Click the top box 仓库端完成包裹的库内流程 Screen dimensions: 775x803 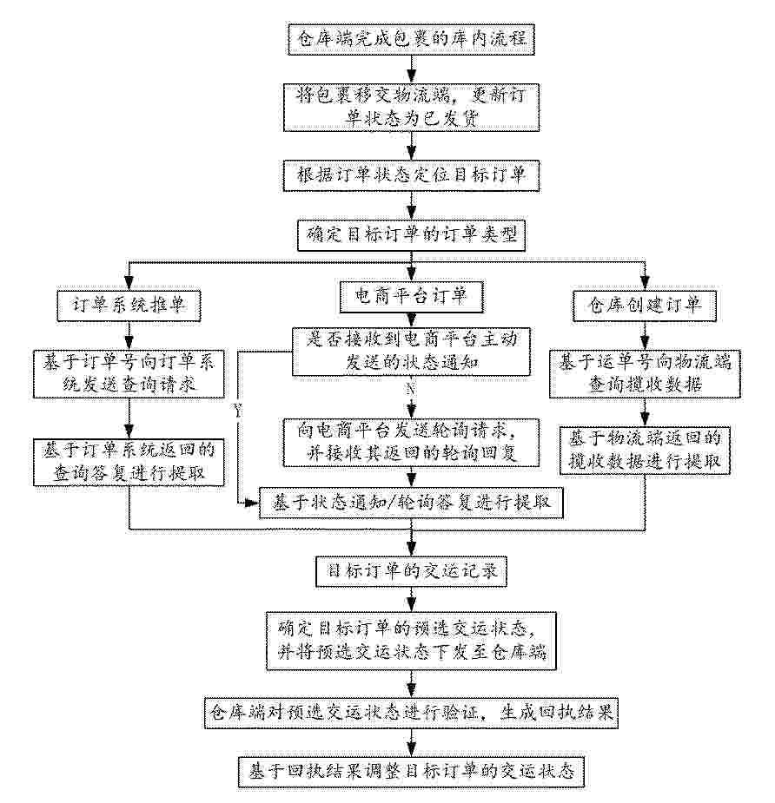tap(411, 39)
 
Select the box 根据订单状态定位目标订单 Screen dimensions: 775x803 tap(411, 175)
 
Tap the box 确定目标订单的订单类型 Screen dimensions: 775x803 tap(411, 235)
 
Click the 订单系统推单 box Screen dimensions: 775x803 tap(129, 306)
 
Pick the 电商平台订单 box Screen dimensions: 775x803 tap(411, 297)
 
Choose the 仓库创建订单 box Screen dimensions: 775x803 tap(645, 306)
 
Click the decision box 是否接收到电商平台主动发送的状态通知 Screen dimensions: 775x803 tap(411, 352)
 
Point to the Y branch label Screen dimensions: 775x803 tap(238, 411)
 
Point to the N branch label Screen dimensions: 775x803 tap(410, 389)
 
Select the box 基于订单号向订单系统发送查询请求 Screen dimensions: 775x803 tap(129, 374)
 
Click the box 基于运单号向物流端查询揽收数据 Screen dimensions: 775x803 tap(645, 374)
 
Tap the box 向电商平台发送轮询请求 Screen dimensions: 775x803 tap(411, 443)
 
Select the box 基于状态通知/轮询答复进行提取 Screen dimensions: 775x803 tap(411, 503)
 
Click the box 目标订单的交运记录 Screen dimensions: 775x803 tap(411, 571)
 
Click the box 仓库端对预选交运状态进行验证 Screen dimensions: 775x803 tap(411, 713)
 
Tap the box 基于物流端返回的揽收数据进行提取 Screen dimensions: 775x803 tap(645, 451)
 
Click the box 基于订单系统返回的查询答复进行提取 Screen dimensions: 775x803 tap(129, 462)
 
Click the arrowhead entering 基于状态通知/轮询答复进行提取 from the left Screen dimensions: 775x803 tap(253, 504)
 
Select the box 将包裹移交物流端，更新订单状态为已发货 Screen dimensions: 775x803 tap(411, 108)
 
